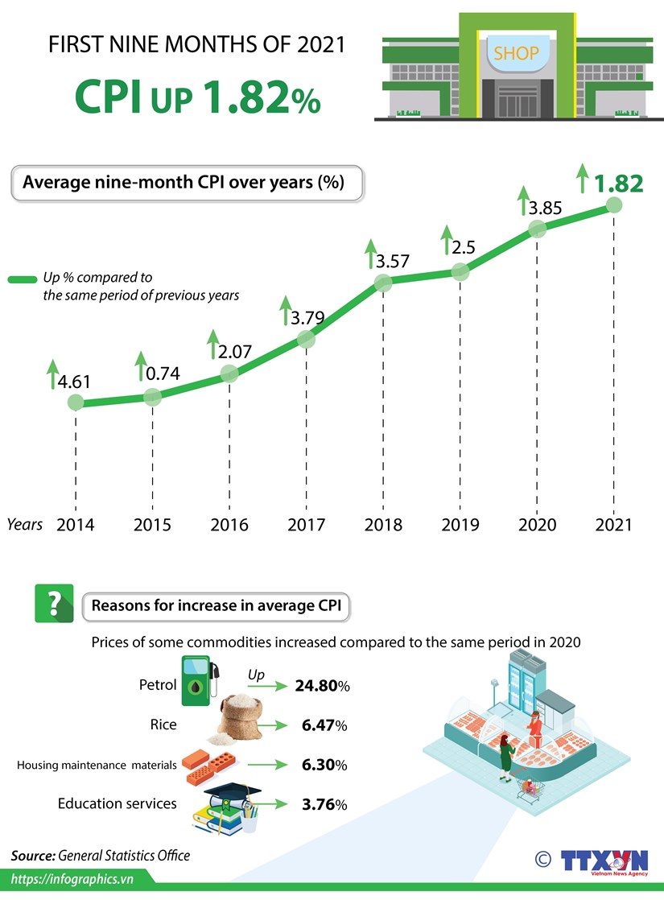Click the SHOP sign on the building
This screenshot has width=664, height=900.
[x=516, y=55]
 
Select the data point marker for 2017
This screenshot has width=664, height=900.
[x=306, y=339]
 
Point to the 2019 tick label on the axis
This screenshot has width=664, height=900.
[x=460, y=525]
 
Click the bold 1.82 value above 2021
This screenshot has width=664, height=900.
[x=618, y=184]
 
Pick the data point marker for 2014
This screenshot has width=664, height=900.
[x=76, y=403]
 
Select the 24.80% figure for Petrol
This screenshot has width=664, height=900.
[x=322, y=687]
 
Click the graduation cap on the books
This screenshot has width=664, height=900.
[x=232, y=795]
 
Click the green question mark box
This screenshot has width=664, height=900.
[x=54, y=604]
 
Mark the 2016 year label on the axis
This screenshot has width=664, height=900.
[x=229, y=525]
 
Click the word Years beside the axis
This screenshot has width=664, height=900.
[x=25, y=524]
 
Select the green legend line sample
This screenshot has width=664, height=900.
[x=23, y=279]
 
